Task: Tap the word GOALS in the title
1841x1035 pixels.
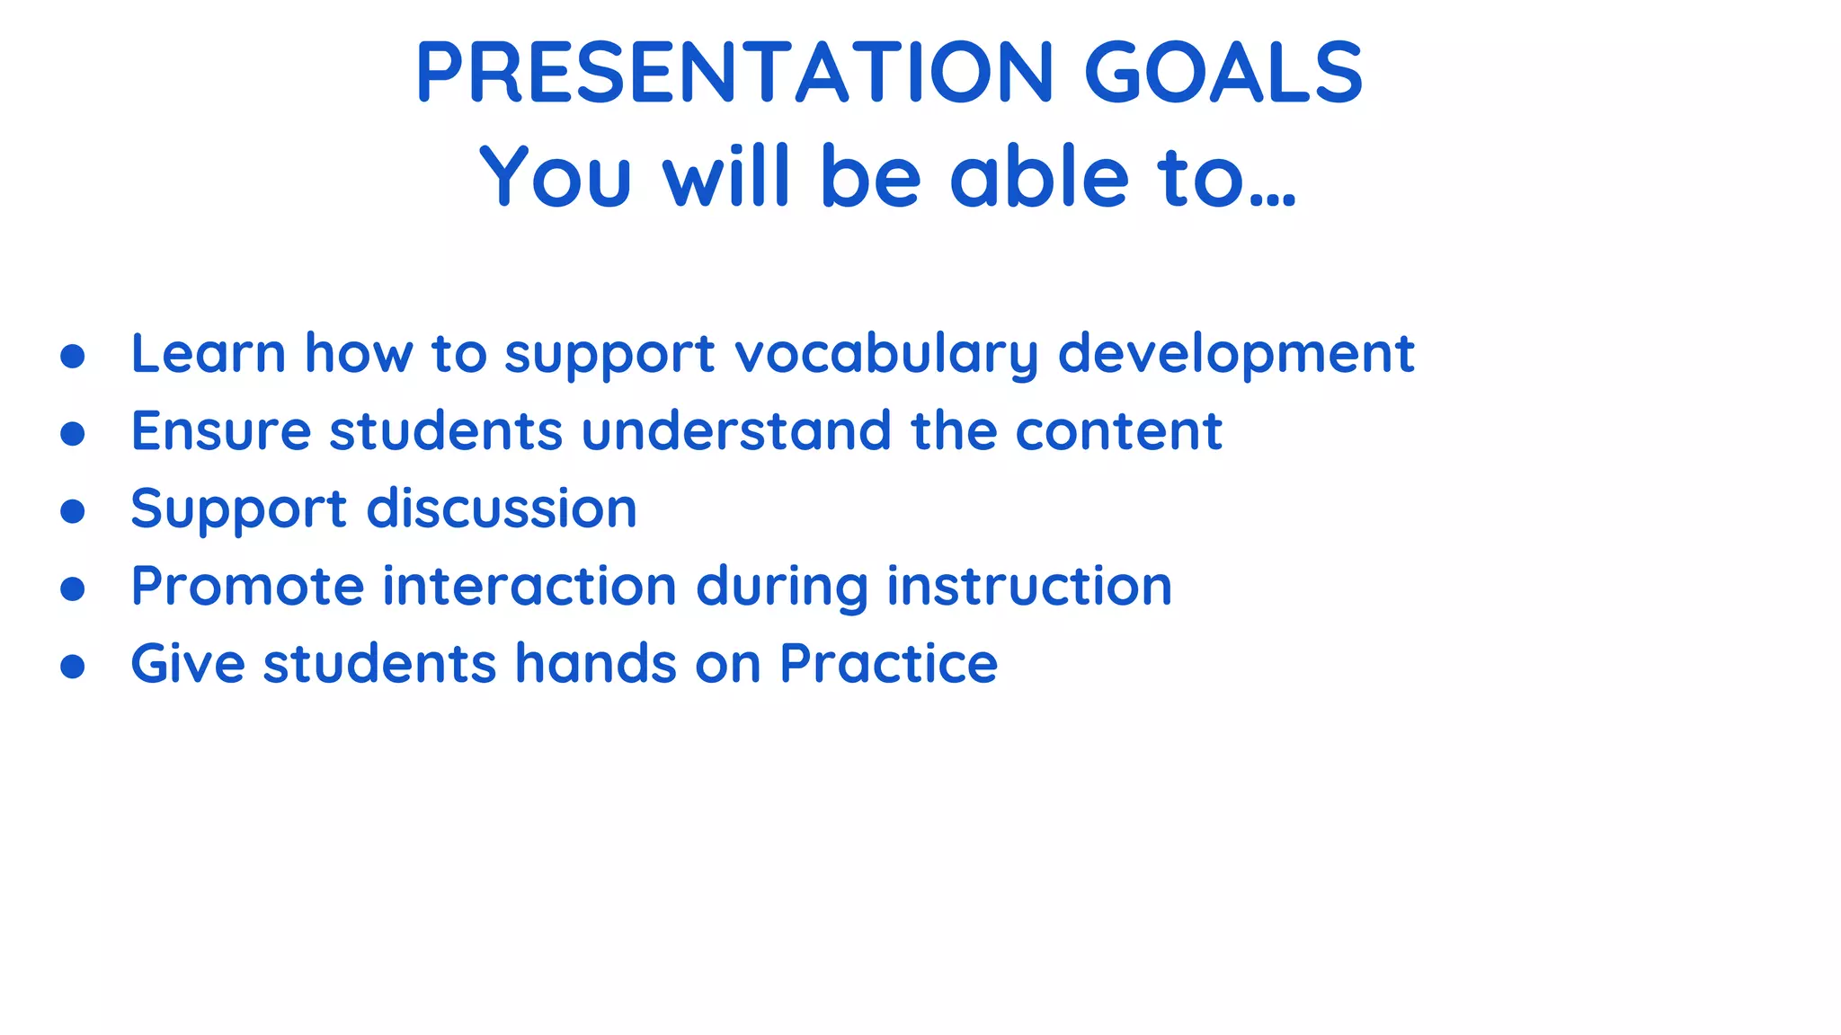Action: click(1223, 73)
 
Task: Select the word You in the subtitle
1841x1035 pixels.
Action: click(556, 177)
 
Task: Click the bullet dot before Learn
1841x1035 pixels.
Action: click(73, 356)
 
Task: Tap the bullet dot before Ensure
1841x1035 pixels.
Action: click(73, 434)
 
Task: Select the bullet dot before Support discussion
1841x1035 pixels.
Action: click(73, 511)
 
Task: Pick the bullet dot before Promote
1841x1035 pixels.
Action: click(73, 589)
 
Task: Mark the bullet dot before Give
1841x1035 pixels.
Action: click(73, 667)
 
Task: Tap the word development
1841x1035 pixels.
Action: click(1236, 354)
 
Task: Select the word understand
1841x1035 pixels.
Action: click(736, 431)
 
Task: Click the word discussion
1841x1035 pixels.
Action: click(502, 509)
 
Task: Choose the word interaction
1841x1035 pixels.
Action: click(529, 587)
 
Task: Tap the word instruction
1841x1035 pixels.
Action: click(1029, 587)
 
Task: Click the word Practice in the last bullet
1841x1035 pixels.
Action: click(888, 664)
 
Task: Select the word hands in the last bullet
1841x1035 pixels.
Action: click(595, 664)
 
